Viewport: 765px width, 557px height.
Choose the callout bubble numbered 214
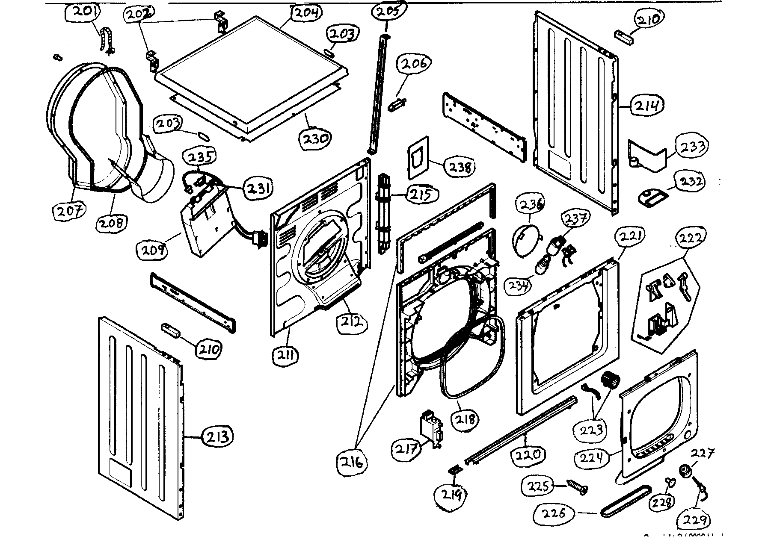click(647, 105)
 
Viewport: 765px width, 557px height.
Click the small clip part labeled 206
click(397, 104)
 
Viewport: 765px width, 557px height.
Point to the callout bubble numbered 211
click(286, 355)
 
